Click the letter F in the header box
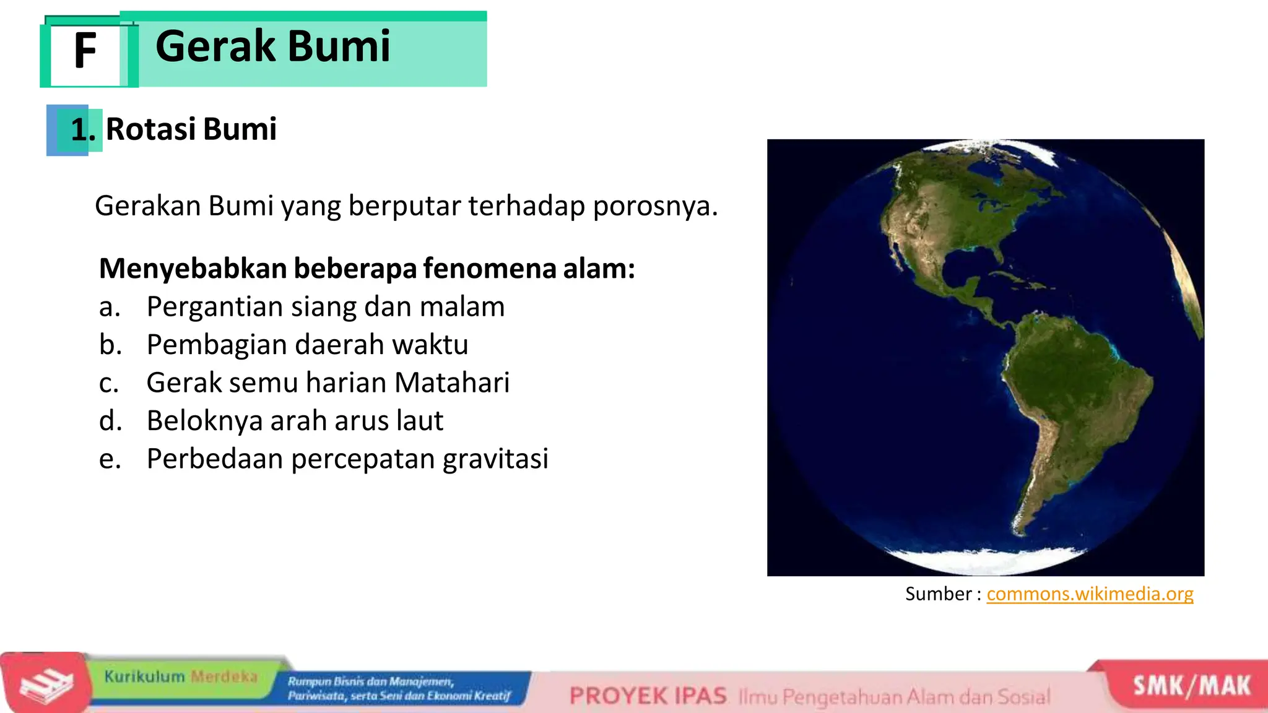pyautogui.click(x=85, y=51)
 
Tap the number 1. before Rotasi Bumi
pyautogui.click(x=82, y=130)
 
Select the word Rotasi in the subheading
pyautogui.click(x=150, y=129)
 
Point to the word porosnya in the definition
pyautogui.click(x=654, y=206)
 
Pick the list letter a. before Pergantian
pyautogui.click(x=110, y=307)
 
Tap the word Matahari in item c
pyautogui.click(x=452, y=382)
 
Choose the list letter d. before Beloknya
pyautogui.click(x=110, y=421)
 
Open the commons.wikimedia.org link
pyautogui.click(x=1090, y=594)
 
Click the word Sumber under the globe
pyautogui.click(x=938, y=594)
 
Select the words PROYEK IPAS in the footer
pyautogui.click(x=648, y=696)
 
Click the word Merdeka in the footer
pyautogui.click(x=224, y=676)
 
